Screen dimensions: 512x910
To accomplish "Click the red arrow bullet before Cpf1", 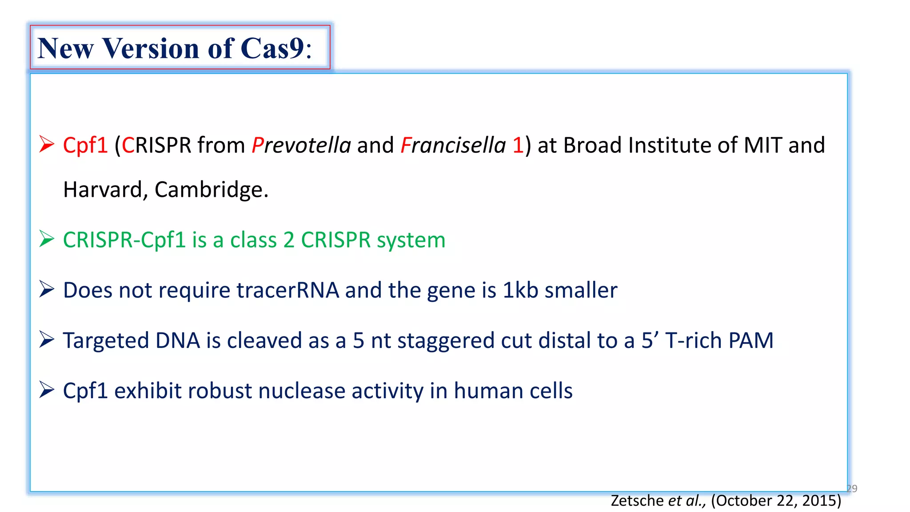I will click(x=46, y=144).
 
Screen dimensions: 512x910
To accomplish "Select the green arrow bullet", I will click(x=46, y=239).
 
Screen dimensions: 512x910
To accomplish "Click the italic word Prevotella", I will click(x=301, y=145).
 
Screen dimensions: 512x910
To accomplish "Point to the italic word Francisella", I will click(x=453, y=145).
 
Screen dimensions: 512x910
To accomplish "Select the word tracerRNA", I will click(x=287, y=290).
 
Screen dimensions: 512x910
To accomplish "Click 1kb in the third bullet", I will click(x=520, y=290).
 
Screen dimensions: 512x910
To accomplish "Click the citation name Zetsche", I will click(x=637, y=500).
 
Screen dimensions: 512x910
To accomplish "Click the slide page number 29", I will click(x=852, y=488).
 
